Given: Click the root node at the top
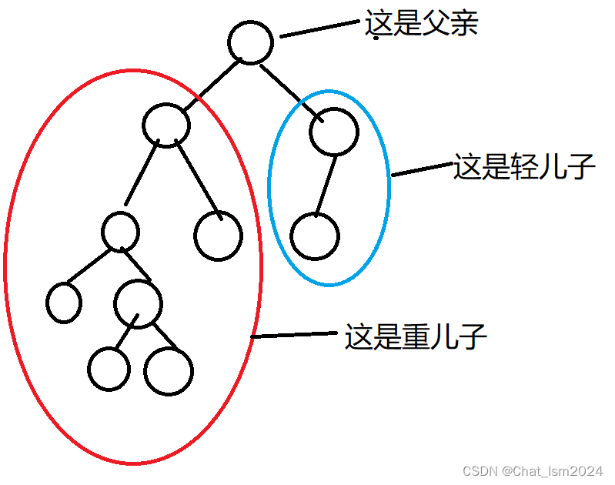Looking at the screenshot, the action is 250,42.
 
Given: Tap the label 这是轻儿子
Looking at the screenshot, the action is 524,166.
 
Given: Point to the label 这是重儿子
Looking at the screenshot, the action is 416,336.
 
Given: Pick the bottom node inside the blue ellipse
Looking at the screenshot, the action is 314,236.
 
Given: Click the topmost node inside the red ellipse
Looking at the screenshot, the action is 166,123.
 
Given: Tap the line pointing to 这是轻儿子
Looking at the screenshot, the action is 422,170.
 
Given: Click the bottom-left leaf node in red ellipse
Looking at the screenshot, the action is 109,368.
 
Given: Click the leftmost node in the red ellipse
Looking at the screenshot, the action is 64,302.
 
